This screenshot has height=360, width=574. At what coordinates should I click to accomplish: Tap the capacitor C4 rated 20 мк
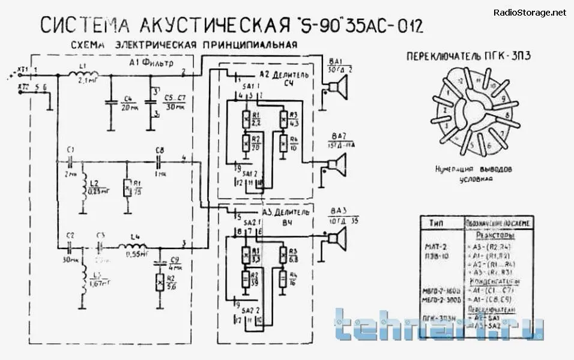110,103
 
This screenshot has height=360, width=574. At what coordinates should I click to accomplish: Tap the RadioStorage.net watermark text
530,12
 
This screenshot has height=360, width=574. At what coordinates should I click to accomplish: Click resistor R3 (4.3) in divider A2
283,121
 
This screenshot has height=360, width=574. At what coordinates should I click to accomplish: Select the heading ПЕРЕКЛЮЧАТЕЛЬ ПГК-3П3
471,56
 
